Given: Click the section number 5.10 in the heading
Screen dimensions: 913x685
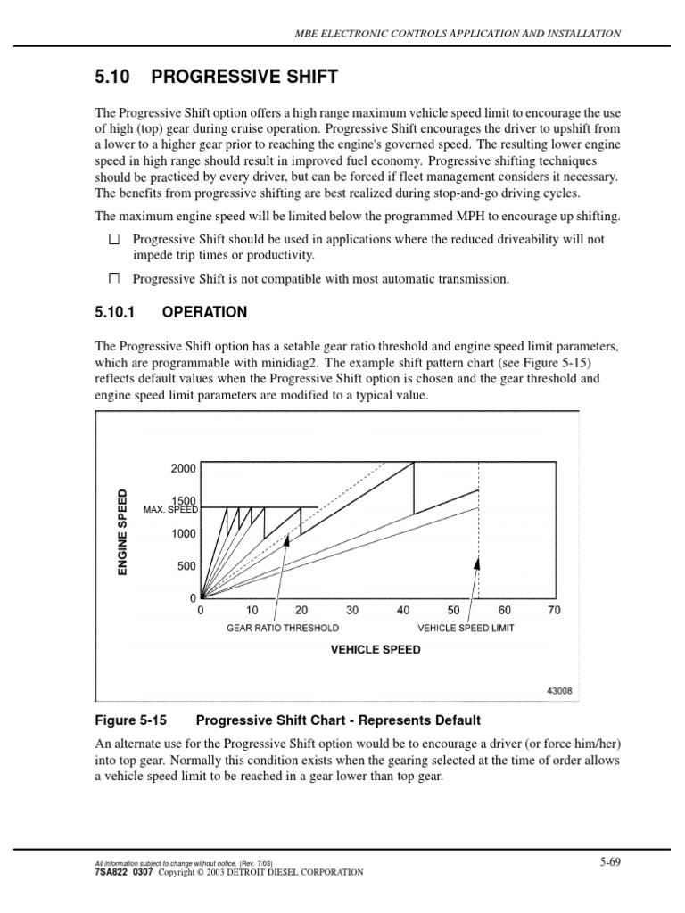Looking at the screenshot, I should click(112, 77).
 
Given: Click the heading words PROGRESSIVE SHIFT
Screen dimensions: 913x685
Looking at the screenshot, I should click(244, 77).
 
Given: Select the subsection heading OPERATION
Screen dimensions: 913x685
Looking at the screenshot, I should click(204, 312).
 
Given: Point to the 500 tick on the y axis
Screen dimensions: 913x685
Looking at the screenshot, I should click(186, 566).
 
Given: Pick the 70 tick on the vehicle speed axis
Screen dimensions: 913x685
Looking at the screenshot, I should click(555, 611).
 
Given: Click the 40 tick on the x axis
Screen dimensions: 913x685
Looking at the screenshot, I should click(403, 611).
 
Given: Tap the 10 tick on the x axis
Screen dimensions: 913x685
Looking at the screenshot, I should click(251, 611).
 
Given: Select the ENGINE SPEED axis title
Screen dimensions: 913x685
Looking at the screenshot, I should click(124, 531).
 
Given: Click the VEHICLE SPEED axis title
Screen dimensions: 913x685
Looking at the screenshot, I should click(376, 650).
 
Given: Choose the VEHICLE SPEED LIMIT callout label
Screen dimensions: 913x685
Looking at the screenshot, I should click(466, 628).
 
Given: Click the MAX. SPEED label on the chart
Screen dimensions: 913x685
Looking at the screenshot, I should click(170, 510).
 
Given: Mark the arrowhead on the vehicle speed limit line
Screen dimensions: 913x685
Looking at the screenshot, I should click(478, 563).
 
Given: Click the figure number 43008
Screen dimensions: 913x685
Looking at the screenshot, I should click(559, 690).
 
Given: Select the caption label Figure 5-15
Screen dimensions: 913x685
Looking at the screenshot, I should click(129, 720).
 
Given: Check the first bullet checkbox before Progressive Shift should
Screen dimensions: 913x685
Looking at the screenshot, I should click(113, 240).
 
